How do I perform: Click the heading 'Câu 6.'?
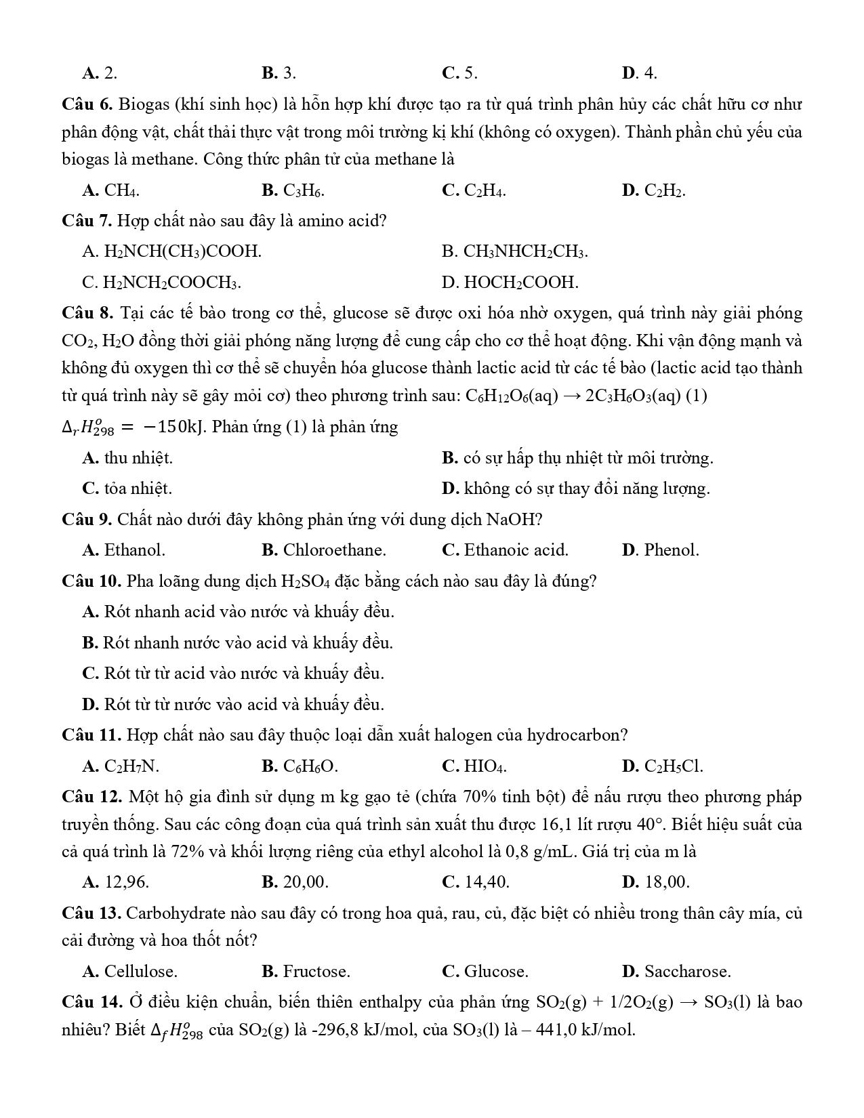tap(87, 104)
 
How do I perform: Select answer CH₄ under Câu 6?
tap(121, 191)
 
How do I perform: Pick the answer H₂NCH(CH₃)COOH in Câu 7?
tap(182, 252)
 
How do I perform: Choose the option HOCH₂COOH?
tap(520, 283)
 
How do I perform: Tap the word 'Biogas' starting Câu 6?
tap(142, 104)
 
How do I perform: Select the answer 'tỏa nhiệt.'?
tap(138, 489)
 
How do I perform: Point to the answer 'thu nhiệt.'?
tap(138, 458)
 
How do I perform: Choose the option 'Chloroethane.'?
tap(334, 550)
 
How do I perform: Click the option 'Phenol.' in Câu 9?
tap(671, 550)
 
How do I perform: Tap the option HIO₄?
tap(485, 766)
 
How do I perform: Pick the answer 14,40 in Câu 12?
tap(487, 882)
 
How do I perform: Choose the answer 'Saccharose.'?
tap(687, 972)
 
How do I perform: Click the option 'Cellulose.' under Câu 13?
tap(140, 972)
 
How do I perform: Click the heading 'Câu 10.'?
tap(91, 581)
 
